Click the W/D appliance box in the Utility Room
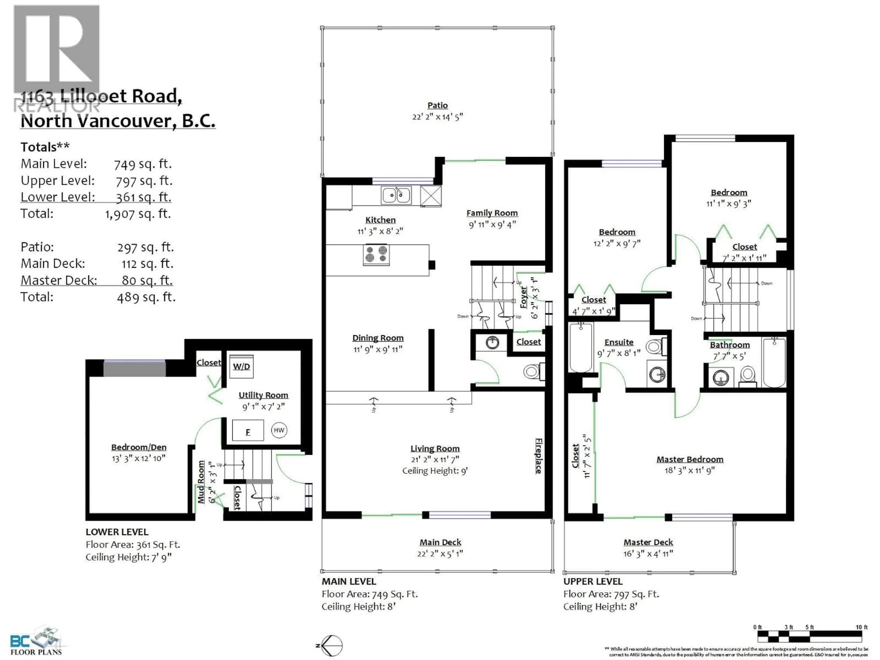242,366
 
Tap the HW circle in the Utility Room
279,430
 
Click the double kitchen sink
396,195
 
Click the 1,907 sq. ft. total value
138,214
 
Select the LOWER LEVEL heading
117,532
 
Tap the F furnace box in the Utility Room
248,430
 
